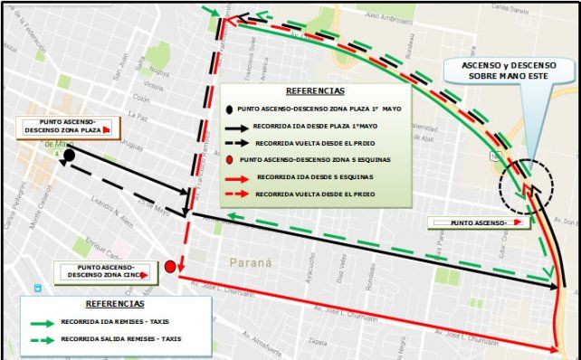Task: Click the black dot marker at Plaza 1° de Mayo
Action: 69,156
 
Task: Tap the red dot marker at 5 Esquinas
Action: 171,266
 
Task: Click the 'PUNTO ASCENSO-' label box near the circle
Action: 475,222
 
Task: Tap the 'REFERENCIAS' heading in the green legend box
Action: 314,91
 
